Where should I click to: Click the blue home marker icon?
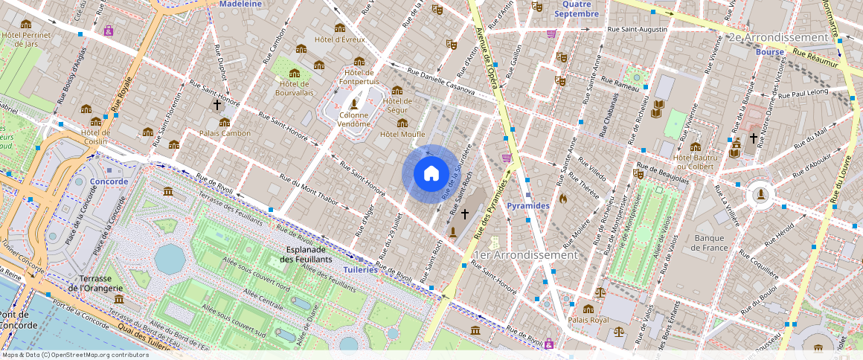[431, 173]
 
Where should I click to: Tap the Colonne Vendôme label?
[353, 120]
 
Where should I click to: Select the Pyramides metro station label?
[527, 205]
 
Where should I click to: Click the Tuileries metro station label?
[360, 269]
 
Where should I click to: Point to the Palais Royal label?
[588, 320]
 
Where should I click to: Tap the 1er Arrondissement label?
[525, 254]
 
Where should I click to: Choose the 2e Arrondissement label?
[778, 37]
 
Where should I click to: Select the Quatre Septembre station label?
[576, 9]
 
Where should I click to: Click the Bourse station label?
[769, 52]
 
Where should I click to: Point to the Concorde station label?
[109, 181]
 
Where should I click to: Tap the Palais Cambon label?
[225, 133]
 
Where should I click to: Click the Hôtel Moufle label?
[402, 134]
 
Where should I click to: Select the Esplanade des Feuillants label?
[305, 254]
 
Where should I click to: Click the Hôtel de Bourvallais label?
[294, 89]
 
